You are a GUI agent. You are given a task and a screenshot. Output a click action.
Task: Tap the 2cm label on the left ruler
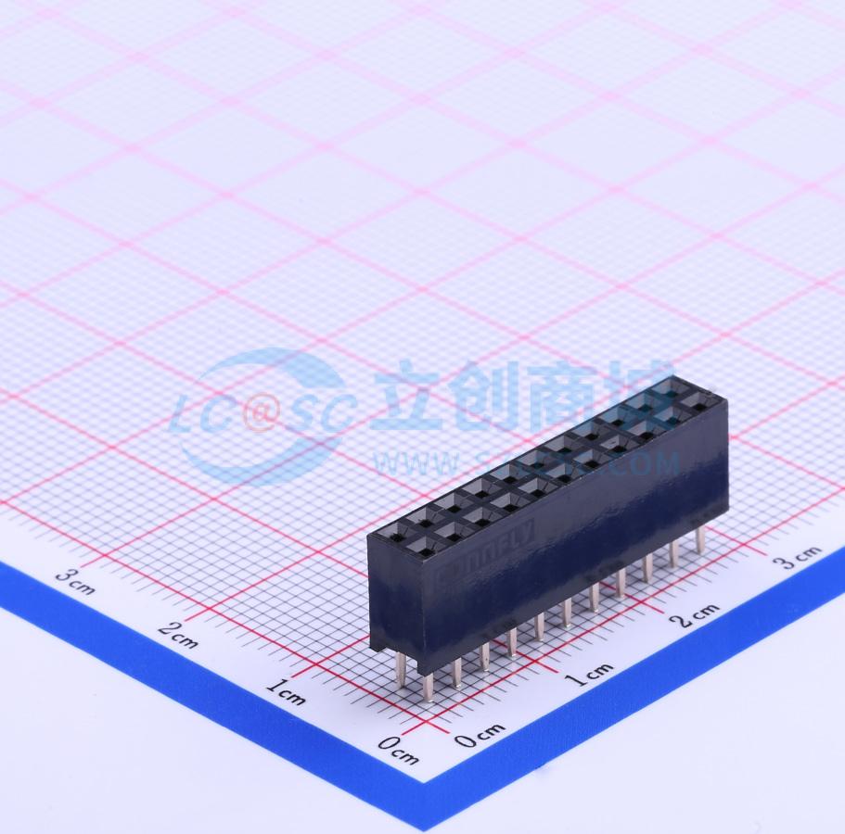pyautogui.click(x=177, y=635)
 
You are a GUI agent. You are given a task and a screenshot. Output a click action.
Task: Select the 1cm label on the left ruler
pyautogui.click(x=285, y=691)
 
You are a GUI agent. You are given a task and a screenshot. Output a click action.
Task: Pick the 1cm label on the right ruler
pyautogui.click(x=588, y=675)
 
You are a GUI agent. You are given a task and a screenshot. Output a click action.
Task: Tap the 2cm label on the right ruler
pyautogui.click(x=698, y=614)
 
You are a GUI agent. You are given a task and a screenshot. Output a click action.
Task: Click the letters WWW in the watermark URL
pyautogui.click(x=408, y=462)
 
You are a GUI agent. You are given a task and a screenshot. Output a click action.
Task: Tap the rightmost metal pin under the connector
pyautogui.click(x=701, y=538)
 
